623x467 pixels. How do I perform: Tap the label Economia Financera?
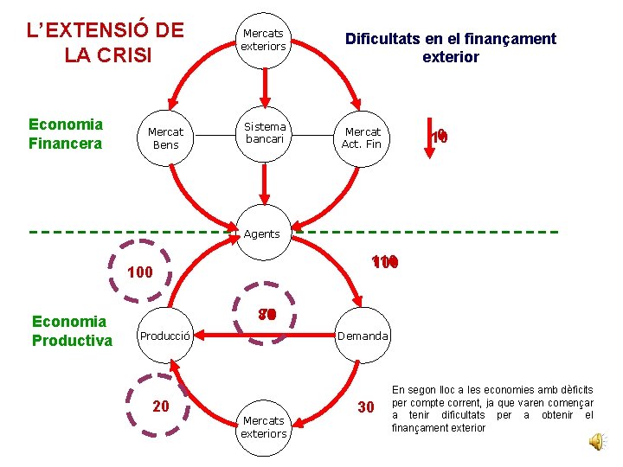[x=66, y=133]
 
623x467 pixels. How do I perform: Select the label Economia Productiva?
[x=72, y=330]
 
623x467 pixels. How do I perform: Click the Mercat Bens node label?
[x=165, y=138]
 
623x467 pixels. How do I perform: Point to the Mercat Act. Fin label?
[x=362, y=138]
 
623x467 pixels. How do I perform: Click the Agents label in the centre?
[x=262, y=233]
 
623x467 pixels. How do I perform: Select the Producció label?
[x=166, y=336]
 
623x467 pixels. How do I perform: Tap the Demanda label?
[x=363, y=336]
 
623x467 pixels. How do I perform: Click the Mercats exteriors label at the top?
[x=264, y=40]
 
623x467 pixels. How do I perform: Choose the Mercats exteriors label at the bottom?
[x=264, y=426]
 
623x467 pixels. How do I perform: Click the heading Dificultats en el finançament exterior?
[x=450, y=48]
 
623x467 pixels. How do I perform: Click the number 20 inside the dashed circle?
[x=161, y=406]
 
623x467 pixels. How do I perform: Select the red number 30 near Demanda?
[x=366, y=407]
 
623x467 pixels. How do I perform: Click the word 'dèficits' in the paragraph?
[x=575, y=390]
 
